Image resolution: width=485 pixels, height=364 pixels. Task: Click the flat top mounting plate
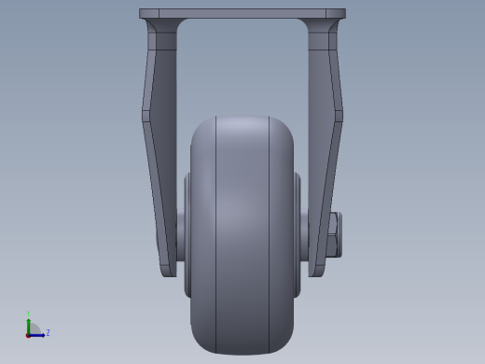[x=242, y=14]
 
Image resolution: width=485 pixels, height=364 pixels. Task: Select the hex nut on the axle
[x=334, y=234]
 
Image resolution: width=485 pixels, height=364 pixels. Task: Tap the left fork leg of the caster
[x=160, y=140]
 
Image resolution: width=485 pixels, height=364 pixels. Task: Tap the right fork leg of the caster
[x=324, y=140]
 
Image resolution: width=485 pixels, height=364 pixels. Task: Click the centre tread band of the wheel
[x=242, y=233]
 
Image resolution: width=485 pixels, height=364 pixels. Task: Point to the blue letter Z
[x=48, y=332]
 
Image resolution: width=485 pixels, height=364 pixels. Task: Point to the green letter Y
[x=28, y=315]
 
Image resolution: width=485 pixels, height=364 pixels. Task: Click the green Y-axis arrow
[x=28, y=325]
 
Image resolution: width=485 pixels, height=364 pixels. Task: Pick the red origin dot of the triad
[x=29, y=334]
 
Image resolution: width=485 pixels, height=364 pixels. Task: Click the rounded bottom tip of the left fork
[x=168, y=272]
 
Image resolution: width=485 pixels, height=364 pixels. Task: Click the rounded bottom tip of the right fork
[x=316, y=272]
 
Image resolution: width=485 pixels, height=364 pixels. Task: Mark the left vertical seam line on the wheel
[x=216, y=233]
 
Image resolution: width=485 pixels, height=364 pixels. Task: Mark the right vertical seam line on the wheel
[x=270, y=233]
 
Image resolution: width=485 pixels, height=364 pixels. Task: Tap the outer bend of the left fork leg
[x=144, y=116]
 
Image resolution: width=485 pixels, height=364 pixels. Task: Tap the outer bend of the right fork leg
[x=340, y=116]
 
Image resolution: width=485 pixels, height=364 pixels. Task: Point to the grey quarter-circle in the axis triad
[x=34, y=329]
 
